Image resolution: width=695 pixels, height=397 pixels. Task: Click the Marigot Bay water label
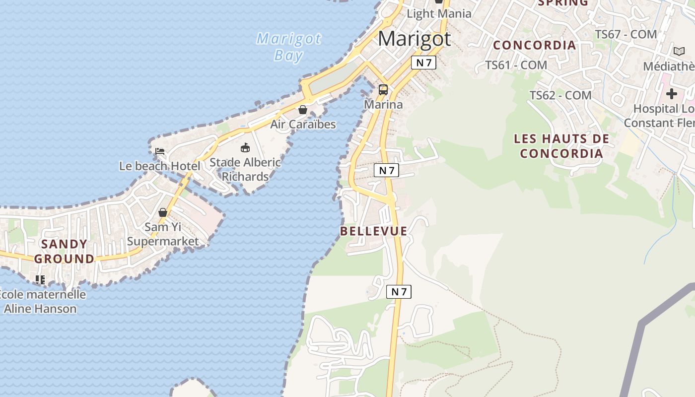[288, 47]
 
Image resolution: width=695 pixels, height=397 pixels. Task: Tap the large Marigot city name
[415, 39]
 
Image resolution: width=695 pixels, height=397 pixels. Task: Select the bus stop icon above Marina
[383, 90]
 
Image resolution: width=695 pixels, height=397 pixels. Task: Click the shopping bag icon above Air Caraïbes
[303, 110]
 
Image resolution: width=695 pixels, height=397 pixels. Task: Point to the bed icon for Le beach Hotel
[159, 151]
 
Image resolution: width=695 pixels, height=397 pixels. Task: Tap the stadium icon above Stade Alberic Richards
[245, 147]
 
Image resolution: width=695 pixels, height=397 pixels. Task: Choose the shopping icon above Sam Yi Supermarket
[163, 212]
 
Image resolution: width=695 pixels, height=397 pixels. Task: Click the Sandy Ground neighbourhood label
[65, 251]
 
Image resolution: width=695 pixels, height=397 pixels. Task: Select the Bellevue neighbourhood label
[374, 231]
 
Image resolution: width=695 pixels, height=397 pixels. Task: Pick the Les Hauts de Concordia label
[561, 146]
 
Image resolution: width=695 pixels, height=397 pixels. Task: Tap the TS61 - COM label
[516, 65]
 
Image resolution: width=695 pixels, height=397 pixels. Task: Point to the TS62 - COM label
[560, 95]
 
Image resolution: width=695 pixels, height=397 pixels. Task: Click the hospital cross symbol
[672, 93]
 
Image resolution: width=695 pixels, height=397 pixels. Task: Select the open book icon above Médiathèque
[679, 51]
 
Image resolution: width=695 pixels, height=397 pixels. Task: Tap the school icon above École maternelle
[40, 280]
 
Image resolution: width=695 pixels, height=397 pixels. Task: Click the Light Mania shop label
[439, 13]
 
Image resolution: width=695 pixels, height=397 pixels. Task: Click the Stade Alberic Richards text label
[245, 169]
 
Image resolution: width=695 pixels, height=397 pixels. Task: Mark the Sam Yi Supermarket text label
[163, 234]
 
